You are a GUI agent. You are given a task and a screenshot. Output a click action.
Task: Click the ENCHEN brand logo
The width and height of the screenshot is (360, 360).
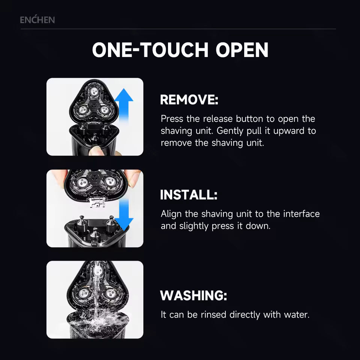point(37,20)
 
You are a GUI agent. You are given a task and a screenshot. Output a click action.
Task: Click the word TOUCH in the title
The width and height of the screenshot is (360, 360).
point(175,50)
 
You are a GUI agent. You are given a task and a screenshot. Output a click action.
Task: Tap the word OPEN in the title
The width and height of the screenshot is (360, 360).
point(242,50)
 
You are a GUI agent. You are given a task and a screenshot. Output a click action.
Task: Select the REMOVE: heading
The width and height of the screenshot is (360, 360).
point(189,100)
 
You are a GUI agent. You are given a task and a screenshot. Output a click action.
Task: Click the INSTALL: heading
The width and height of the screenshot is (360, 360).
point(189,195)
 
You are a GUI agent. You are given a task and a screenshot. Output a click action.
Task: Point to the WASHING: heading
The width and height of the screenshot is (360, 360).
point(193,295)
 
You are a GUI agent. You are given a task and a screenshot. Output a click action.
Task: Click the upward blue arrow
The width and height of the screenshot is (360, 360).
point(124,105)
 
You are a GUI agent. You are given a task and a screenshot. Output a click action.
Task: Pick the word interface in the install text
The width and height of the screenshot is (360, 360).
point(301,214)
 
